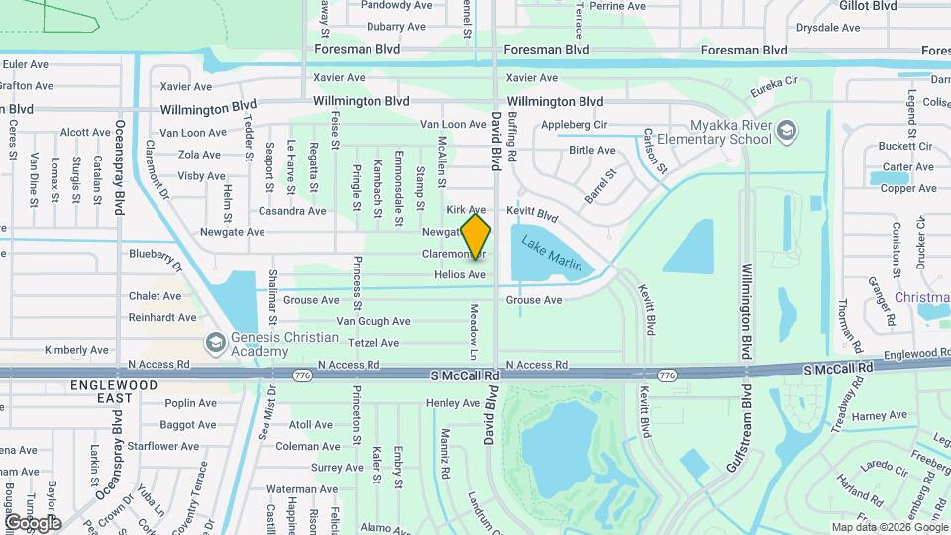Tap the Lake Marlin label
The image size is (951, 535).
click(x=552, y=251)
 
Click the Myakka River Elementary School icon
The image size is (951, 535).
click(x=786, y=131)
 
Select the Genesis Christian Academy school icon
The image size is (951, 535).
click(x=214, y=342)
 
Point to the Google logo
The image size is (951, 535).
click(x=33, y=522)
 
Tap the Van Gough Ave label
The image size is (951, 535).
click(x=372, y=321)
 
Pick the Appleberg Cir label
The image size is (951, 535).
click(x=574, y=125)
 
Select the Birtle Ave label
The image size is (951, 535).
click(x=591, y=151)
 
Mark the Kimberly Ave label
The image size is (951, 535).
click(x=76, y=350)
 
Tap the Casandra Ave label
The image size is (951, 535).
click(x=291, y=211)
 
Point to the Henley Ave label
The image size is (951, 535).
click(x=453, y=403)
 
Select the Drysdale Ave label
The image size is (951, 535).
click(x=825, y=29)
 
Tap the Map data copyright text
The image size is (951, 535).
click(x=889, y=527)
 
